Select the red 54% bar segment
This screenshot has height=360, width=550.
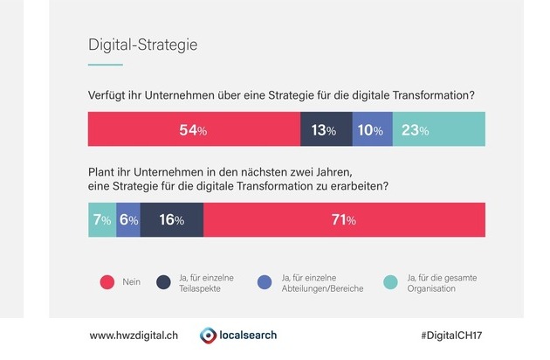point(194,130)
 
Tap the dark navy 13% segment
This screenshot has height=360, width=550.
point(327,130)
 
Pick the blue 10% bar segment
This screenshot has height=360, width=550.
point(373,130)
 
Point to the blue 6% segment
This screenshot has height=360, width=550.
point(127,219)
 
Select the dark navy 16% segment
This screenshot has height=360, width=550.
point(171,219)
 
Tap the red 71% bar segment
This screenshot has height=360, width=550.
point(344,219)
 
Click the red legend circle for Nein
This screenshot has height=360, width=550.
point(107,282)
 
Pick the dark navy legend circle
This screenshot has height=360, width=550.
point(162,282)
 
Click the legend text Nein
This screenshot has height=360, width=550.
point(131,282)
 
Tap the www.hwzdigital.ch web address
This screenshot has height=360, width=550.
point(134,336)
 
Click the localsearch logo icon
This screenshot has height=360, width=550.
point(209,336)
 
